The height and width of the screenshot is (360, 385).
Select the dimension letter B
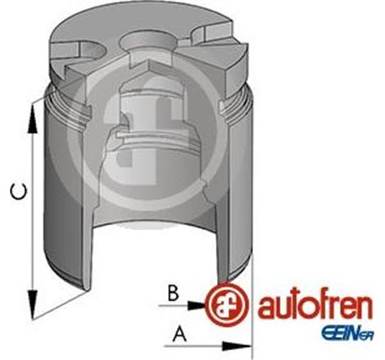click(x=171, y=293)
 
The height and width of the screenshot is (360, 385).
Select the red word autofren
click(x=309, y=308)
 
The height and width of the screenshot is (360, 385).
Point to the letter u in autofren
click(x=279, y=309)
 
